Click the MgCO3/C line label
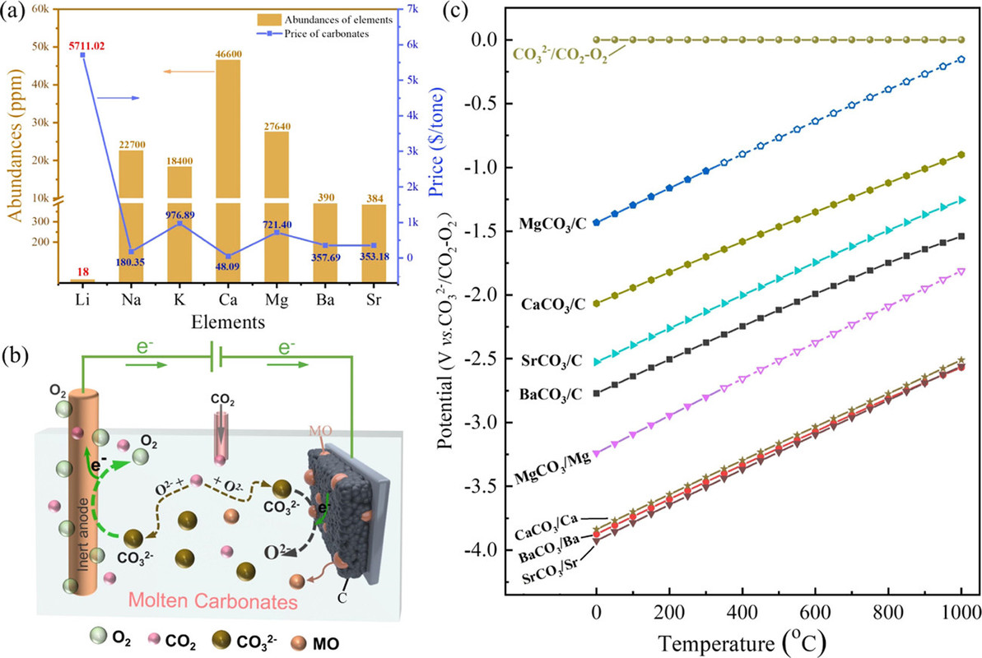point(552,223)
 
